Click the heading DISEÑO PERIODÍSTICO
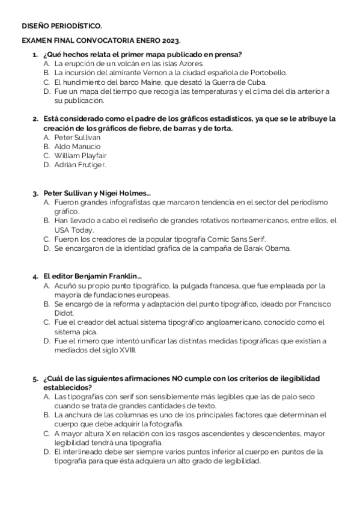[62, 26]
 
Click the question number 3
[35, 194]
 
